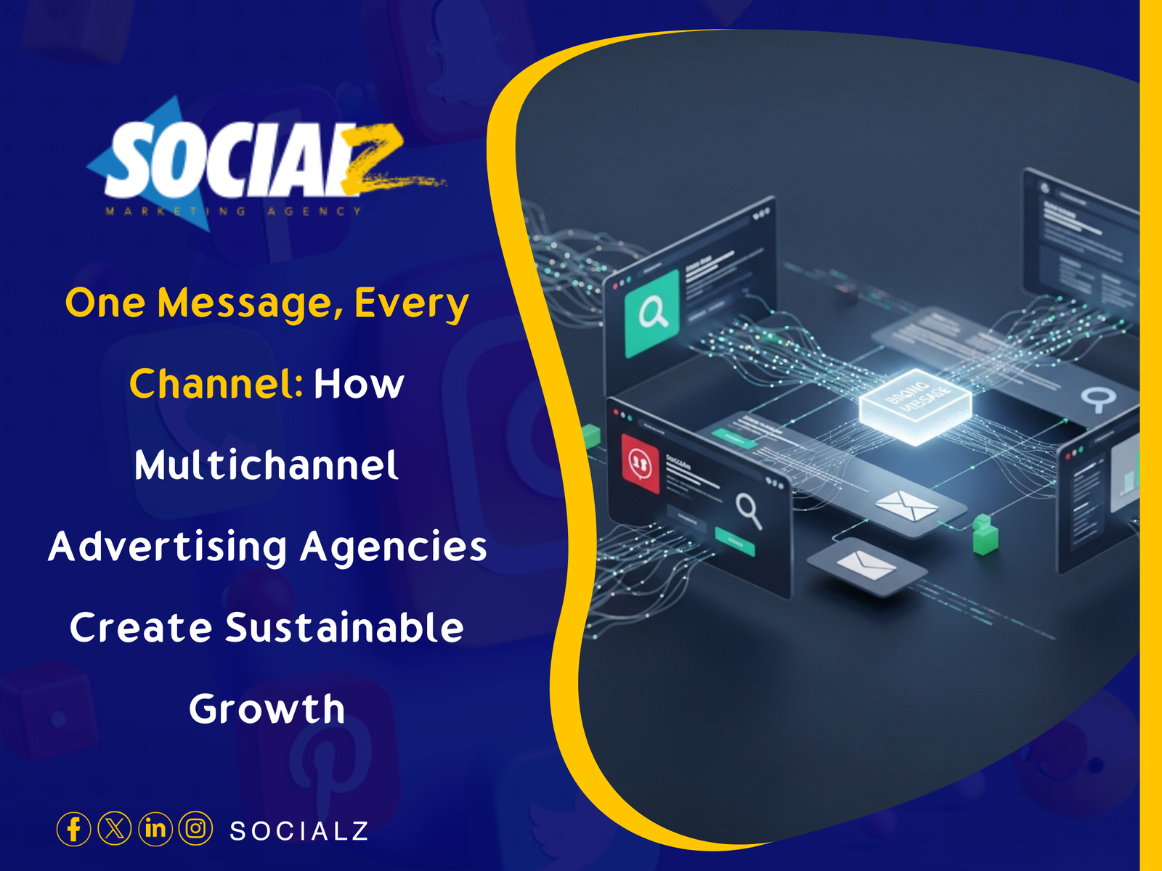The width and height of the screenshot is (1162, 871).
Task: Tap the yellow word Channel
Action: [216, 384]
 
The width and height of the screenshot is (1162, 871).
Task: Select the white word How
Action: [359, 384]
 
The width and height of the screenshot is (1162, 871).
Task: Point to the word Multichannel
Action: [267, 465]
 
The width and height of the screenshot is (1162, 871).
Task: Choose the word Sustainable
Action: [344, 628]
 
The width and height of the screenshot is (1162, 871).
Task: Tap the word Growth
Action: [267, 709]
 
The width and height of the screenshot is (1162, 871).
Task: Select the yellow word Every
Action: [411, 303]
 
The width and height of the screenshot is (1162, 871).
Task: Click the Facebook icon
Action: [73, 829]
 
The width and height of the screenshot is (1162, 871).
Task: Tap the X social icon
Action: [114, 829]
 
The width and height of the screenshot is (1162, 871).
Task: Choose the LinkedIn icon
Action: [155, 829]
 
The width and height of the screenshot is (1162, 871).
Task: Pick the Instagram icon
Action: [195, 829]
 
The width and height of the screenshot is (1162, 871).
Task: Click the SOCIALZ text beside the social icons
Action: [298, 831]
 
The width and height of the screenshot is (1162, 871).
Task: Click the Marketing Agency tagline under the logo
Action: [233, 211]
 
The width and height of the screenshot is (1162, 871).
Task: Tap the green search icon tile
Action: [652, 314]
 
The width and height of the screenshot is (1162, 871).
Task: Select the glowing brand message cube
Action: [915, 404]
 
